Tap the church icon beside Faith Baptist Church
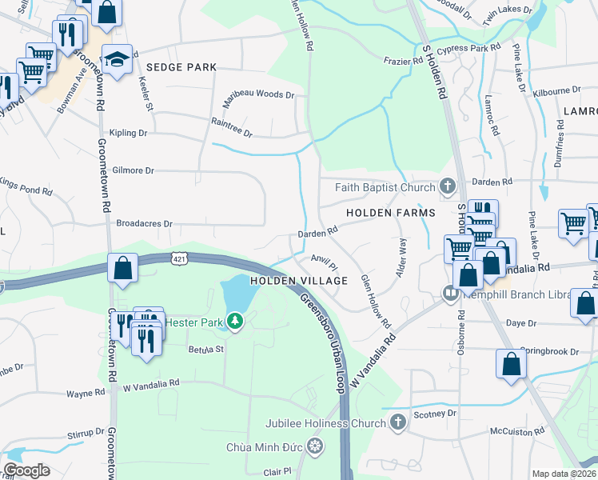447,187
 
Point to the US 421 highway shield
177,258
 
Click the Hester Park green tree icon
234,322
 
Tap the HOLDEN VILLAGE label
299,281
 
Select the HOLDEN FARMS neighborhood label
390,213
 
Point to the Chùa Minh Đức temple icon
315,445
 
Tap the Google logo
26,470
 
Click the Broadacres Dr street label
145,224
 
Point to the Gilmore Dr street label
133,170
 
